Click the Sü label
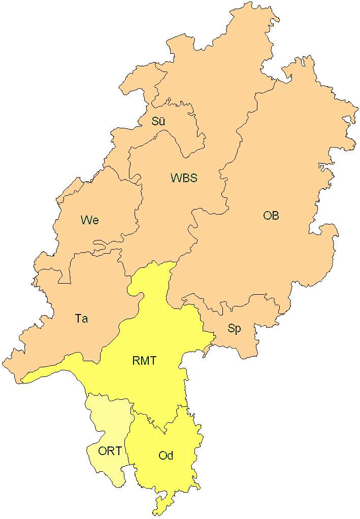pyautogui.click(x=158, y=122)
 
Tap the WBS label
pyautogui.click(x=183, y=178)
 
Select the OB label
pyautogui.click(x=271, y=216)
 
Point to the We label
pyautogui.click(x=89, y=220)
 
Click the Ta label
pyautogui.click(x=81, y=319)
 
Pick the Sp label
pyautogui.click(x=234, y=329)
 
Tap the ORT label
pyautogui.click(x=110, y=451)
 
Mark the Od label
pyautogui.click(x=166, y=456)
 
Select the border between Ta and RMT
pyautogui.click(x=122, y=325)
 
